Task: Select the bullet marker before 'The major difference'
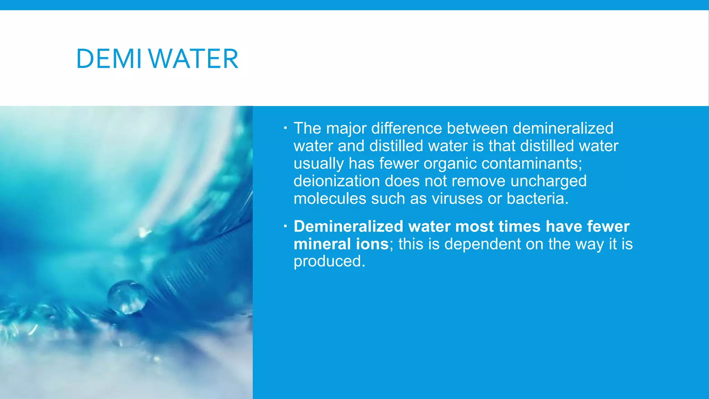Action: [285, 128]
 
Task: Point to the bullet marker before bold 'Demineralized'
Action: [285, 227]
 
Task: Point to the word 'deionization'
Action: [337, 181]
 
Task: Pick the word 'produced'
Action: [329, 262]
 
